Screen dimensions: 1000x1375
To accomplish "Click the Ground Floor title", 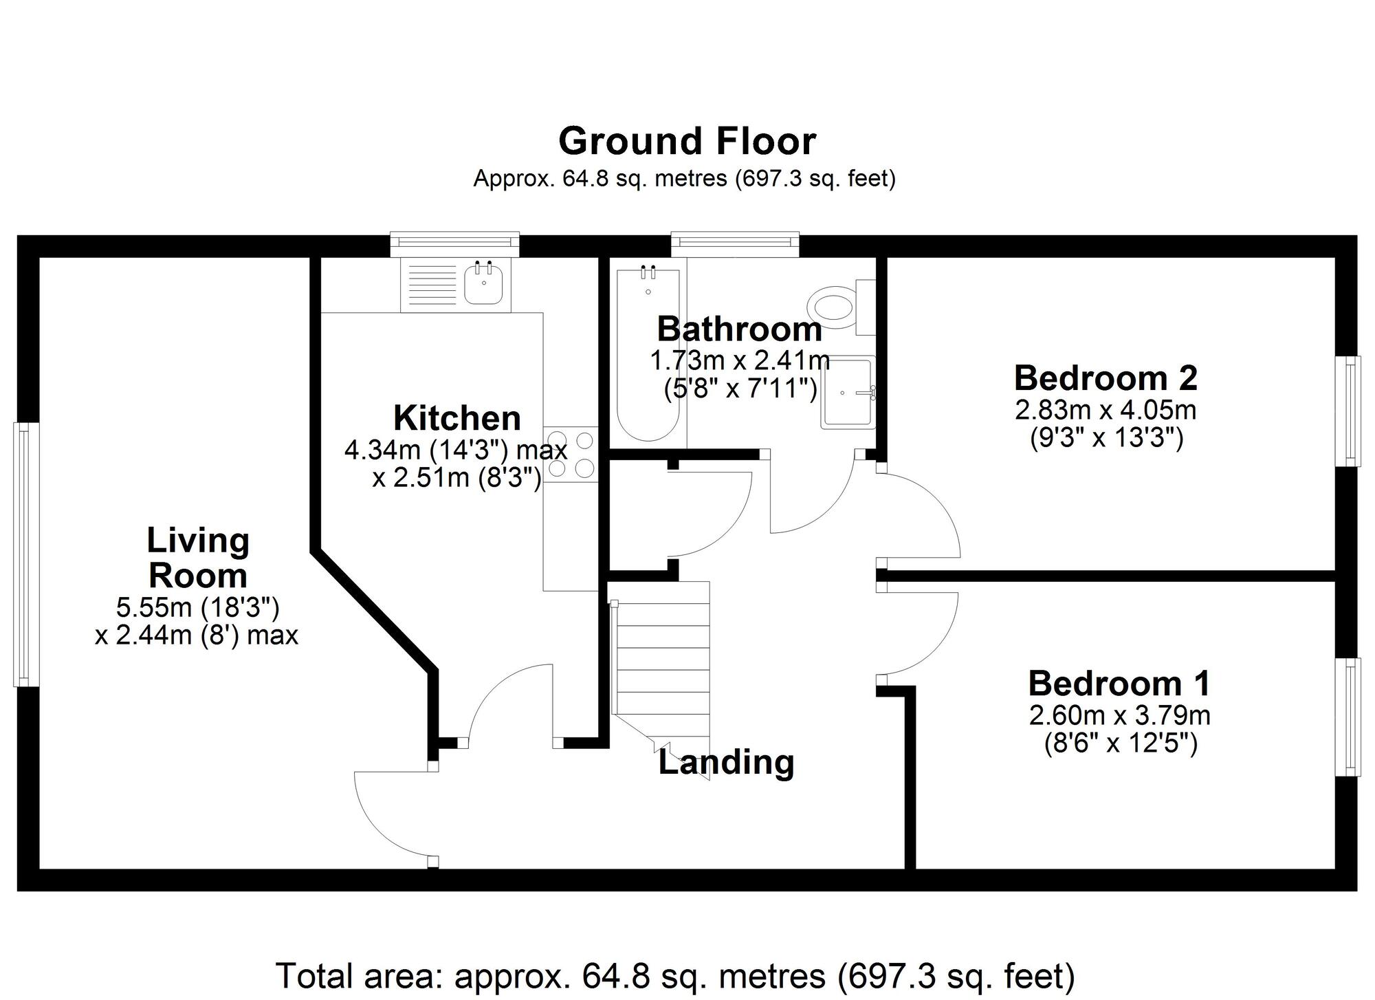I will click(x=687, y=142).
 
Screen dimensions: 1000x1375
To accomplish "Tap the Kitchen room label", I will click(x=456, y=418).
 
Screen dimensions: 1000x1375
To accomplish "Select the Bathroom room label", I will click(x=739, y=329).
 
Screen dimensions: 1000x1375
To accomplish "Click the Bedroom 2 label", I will click(x=1105, y=378).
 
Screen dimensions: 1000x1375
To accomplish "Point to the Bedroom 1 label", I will click(x=1119, y=684).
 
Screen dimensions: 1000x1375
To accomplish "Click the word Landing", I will click(x=726, y=763).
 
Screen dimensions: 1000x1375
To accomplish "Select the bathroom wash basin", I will click(x=847, y=393).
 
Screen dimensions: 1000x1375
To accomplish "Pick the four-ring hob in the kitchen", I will click(x=571, y=453).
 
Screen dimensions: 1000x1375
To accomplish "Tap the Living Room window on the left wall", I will click(x=25, y=554).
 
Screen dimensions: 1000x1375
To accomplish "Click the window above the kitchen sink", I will click(x=454, y=242).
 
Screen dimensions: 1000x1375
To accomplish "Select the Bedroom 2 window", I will click(x=1349, y=411).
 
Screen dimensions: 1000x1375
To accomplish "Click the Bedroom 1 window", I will click(x=1349, y=717).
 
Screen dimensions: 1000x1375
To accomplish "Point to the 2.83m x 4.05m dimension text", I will click(x=1105, y=411).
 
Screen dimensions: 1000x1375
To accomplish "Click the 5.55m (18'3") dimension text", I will click(x=197, y=608).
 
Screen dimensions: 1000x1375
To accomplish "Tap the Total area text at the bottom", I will click(x=674, y=975).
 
